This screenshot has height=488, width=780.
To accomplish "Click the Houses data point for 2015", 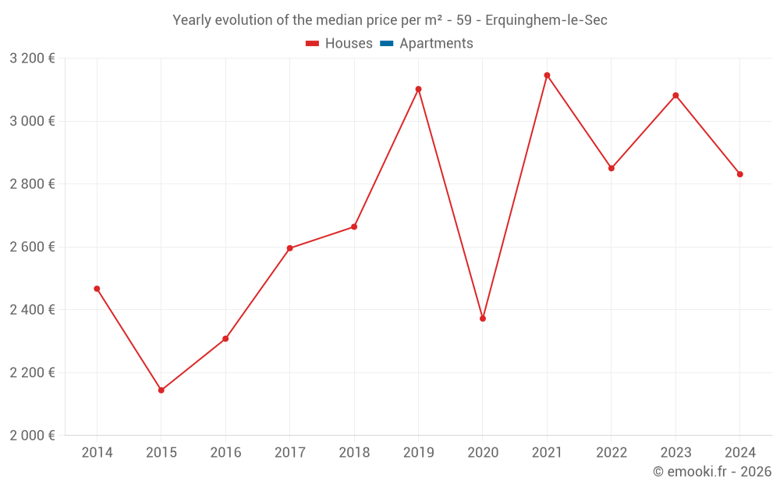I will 161,390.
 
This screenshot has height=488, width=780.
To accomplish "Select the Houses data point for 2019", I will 418,89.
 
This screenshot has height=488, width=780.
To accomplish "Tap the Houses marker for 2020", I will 483,319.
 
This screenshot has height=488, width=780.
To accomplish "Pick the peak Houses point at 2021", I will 547,76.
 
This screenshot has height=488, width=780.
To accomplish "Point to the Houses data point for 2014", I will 97,289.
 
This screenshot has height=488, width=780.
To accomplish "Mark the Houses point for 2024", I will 739,174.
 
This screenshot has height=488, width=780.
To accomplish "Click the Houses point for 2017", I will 290,248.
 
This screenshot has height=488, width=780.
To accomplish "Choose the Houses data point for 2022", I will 612,169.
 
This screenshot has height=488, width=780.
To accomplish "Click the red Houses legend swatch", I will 312,44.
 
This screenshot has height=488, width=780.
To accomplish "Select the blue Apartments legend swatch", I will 386,44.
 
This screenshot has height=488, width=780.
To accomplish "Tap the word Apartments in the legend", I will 436,44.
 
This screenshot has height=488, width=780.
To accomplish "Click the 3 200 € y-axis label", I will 32,59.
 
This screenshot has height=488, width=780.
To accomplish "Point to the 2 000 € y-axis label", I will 32,436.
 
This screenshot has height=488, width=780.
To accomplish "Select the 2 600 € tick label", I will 32,247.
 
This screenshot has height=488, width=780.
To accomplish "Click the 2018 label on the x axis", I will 354,453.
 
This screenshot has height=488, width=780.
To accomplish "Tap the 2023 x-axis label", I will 675,453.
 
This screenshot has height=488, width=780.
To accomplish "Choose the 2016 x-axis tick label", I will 225,453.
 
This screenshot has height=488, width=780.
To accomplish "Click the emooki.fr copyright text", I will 712,472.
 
